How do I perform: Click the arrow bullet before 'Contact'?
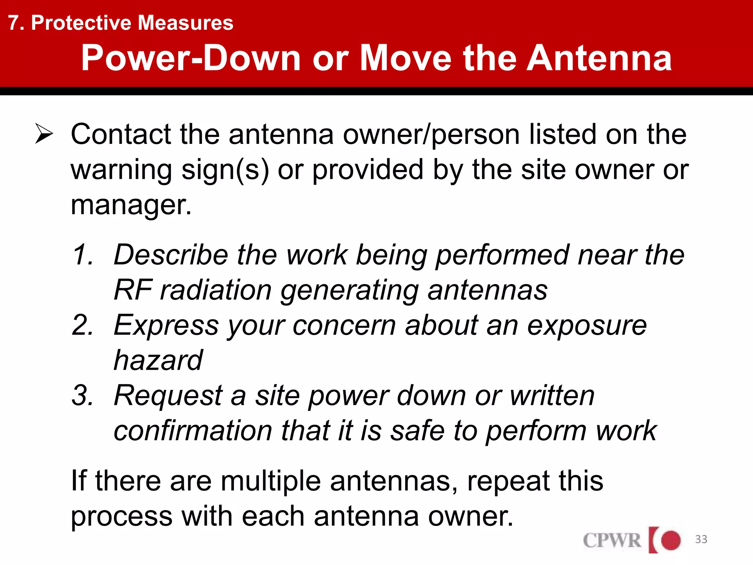point(44,134)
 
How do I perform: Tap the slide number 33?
point(701,539)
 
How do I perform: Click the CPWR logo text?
point(612,540)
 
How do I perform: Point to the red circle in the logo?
point(671,540)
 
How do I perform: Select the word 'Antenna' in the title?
point(599,58)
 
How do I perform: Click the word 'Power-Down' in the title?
point(191,58)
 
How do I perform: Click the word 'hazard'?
point(158,360)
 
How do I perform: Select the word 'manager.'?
point(131,205)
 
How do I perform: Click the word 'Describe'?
point(171,255)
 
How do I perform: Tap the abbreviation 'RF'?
point(133,290)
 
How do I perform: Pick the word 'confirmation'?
point(193,431)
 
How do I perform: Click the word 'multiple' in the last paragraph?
point(271,481)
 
